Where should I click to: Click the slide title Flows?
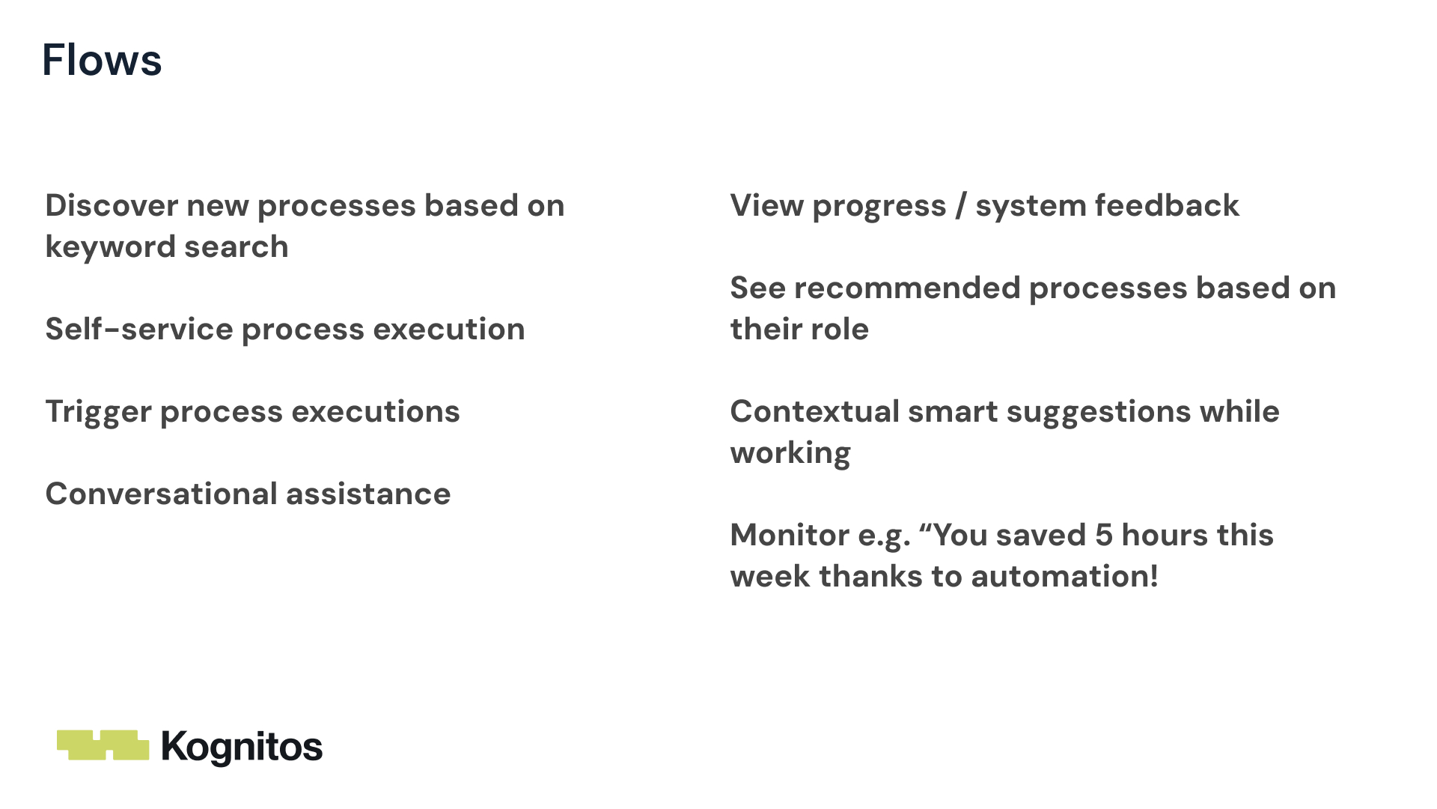tap(102, 60)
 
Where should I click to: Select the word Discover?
tap(111, 205)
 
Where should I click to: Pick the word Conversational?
tap(161, 494)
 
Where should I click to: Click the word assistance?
tap(368, 494)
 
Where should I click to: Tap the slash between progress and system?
tap(961, 206)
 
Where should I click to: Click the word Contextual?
tap(814, 411)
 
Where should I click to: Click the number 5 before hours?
tap(1104, 535)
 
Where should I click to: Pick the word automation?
tap(1064, 576)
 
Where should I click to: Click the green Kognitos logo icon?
tap(103, 745)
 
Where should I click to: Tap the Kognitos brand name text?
tap(242, 748)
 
